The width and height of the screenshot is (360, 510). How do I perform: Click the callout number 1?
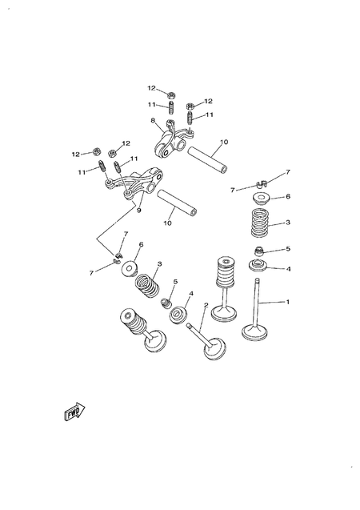[289, 301]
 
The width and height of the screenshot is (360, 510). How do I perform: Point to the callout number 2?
[206, 306]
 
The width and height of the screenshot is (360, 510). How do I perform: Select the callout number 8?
[152, 121]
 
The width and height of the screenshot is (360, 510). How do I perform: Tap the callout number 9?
[138, 211]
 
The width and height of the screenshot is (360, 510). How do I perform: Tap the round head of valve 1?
[257, 331]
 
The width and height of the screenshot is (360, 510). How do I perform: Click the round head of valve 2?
[214, 348]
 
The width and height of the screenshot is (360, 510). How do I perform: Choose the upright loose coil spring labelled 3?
[261, 223]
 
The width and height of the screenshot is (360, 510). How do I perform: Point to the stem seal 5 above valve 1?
[260, 252]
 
